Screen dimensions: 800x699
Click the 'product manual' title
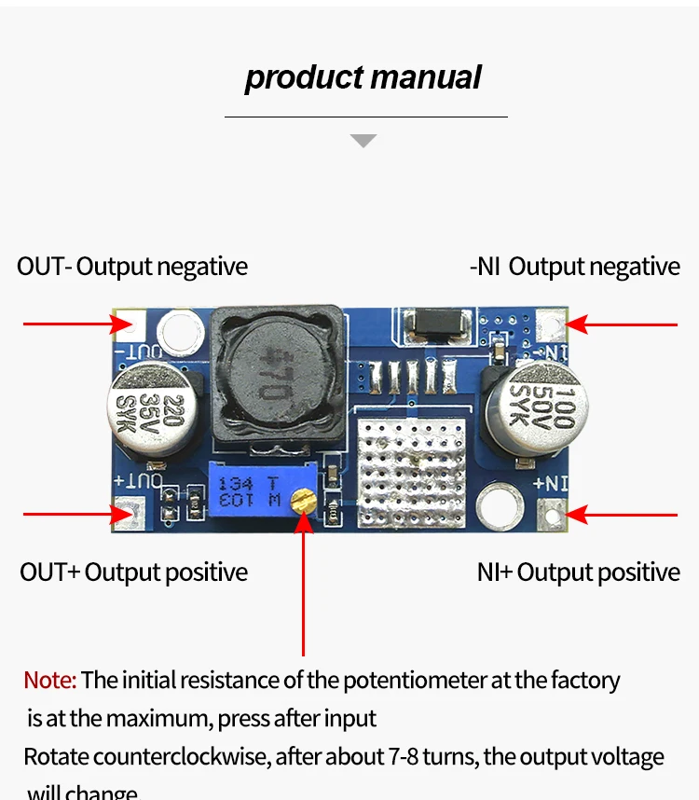click(x=363, y=77)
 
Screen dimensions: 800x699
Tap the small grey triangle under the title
click(x=363, y=141)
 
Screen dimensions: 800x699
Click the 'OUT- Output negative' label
click(x=132, y=267)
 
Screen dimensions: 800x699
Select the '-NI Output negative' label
click(x=575, y=267)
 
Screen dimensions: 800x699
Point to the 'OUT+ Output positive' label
click(x=134, y=572)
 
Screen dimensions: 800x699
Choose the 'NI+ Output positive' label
click(x=579, y=572)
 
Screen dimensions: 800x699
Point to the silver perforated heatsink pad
click(x=411, y=474)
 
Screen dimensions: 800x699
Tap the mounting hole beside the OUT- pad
click(x=179, y=331)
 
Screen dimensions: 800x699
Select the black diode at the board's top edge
click(x=436, y=323)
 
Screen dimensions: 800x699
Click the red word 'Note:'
click(x=49, y=680)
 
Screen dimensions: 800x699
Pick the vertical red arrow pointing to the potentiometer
click(x=303, y=587)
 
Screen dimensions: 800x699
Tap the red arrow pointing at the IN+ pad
click(x=622, y=514)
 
